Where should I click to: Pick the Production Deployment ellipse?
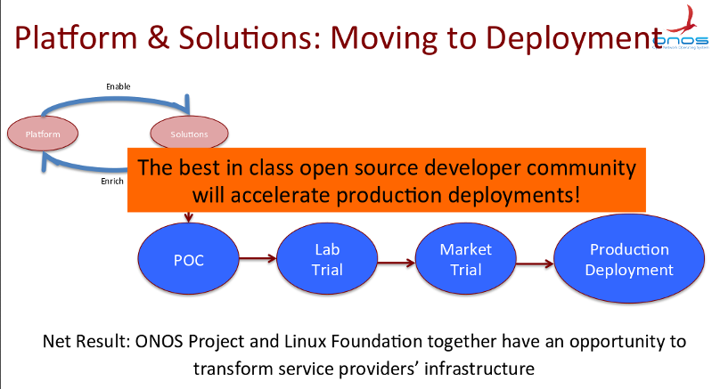click(x=628, y=259)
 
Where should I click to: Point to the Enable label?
click(x=119, y=86)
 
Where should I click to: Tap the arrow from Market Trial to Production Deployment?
click(x=533, y=261)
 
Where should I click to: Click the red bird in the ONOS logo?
click(x=685, y=20)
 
